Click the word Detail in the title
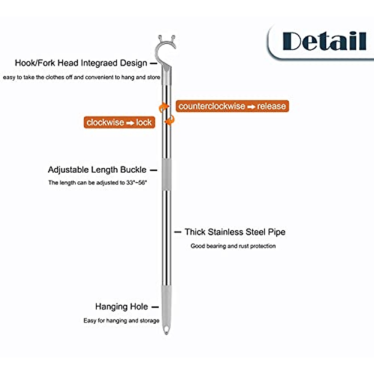[324, 41]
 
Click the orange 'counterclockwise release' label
[232, 106]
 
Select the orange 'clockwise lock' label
[119, 122]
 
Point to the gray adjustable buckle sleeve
[166, 174]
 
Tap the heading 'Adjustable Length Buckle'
[97, 170]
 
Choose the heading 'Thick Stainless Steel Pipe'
[235, 232]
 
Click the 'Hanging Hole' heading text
[122, 307]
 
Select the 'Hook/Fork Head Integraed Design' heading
[81, 63]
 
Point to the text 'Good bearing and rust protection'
[233, 246]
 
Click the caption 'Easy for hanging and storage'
[121, 320]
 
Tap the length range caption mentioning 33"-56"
[98, 183]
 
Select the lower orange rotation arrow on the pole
[170, 120]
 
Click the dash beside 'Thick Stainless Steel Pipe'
[178, 232]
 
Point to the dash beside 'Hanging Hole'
[155, 307]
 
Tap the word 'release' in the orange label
[271, 106]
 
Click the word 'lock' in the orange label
[144, 122]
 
